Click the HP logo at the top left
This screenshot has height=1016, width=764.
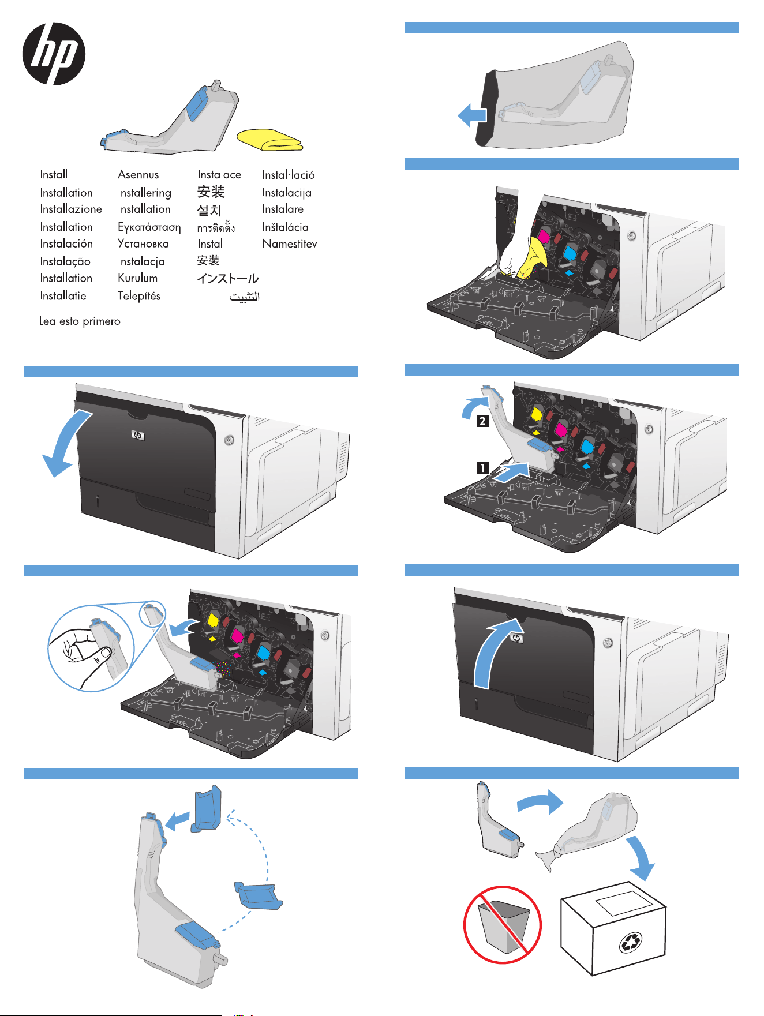(x=54, y=54)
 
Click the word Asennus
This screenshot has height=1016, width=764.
(x=138, y=174)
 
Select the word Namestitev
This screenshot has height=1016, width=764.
(x=289, y=243)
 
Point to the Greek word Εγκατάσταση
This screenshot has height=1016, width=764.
(x=149, y=227)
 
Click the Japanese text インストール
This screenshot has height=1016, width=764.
(x=227, y=279)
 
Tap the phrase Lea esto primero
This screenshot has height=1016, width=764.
(x=80, y=321)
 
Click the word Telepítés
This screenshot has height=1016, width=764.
(x=139, y=296)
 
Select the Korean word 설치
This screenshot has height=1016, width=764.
(x=209, y=210)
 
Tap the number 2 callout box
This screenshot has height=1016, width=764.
(x=482, y=421)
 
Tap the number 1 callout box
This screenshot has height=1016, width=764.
(x=482, y=468)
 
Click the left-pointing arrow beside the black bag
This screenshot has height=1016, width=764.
(x=471, y=115)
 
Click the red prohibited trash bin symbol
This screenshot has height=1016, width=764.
(x=503, y=925)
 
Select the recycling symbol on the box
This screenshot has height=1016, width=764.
(x=630, y=943)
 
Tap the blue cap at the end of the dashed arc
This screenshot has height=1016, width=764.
(x=259, y=895)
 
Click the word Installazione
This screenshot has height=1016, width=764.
(x=71, y=209)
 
